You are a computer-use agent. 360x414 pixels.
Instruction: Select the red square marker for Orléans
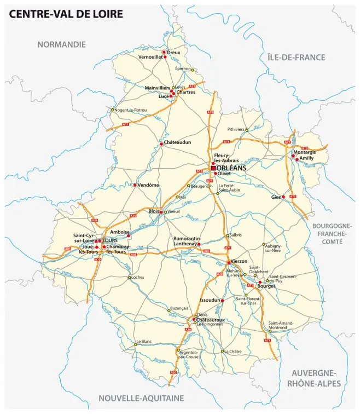click(213, 168)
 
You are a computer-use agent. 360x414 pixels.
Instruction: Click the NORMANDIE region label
click(62, 44)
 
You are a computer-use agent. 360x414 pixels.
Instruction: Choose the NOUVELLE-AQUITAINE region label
click(141, 398)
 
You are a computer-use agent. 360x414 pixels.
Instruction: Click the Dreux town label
click(173, 52)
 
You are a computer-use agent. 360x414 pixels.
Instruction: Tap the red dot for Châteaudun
click(161, 143)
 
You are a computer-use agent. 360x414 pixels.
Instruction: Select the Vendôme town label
click(148, 185)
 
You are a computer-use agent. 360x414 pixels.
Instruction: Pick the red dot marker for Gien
click(283, 197)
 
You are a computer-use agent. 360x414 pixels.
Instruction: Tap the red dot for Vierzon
click(229, 262)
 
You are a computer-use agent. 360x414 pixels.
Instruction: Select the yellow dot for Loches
click(130, 278)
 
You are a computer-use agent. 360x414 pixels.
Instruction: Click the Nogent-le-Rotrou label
click(131, 110)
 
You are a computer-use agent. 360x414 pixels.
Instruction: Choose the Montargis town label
click(305, 152)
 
